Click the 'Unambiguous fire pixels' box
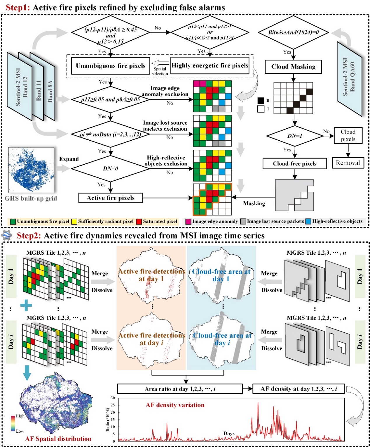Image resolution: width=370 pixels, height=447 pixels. [110, 66]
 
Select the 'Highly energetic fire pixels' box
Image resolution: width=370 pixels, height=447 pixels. [210, 66]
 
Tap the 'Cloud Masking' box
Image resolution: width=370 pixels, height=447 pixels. [293, 67]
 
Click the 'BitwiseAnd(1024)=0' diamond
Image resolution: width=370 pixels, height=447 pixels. [293, 32]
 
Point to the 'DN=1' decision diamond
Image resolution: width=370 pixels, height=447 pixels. [295, 136]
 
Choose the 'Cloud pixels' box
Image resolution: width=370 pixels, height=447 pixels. [348, 135]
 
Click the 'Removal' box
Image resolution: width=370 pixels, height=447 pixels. [348, 163]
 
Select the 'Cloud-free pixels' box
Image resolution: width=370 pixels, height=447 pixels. [294, 164]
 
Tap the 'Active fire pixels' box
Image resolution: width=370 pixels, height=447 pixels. [110, 198]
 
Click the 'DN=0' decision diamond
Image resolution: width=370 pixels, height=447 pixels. [110, 168]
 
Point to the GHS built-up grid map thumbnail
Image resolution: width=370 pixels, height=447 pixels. [31, 170]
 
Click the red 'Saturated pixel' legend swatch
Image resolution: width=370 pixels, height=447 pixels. [139, 221]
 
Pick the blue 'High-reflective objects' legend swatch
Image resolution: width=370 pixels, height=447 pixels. [308, 221]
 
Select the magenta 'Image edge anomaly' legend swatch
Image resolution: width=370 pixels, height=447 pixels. [188, 221]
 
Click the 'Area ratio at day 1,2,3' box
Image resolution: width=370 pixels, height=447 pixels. [180, 389]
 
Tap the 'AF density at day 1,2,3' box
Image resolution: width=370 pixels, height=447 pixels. [298, 389]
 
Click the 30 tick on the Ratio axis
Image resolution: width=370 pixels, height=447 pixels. [113, 398]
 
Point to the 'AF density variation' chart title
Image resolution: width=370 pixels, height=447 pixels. [175, 405]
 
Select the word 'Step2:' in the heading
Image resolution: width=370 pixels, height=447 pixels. [29, 236]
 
